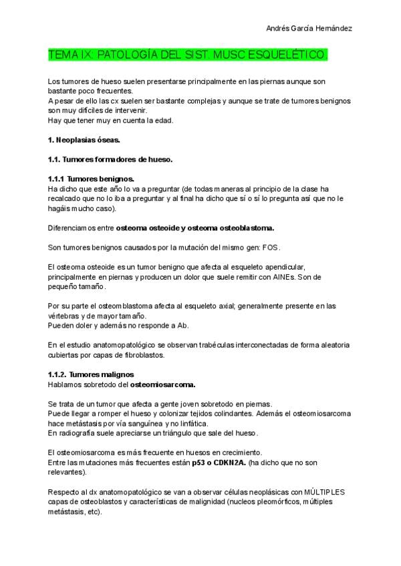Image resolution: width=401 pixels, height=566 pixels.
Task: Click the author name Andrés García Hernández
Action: [x=309, y=29]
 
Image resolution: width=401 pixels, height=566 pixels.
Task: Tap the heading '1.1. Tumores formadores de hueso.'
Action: [x=111, y=160]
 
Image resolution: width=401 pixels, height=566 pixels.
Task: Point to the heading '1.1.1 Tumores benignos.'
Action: [x=91, y=179]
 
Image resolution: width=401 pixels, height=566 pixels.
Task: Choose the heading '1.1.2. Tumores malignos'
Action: [x=92, y=374]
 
